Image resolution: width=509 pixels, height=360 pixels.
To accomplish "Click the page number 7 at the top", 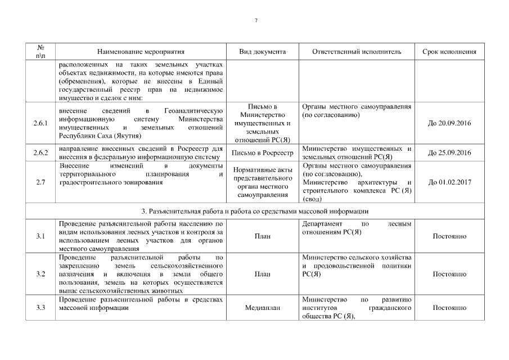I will tap(256, 21).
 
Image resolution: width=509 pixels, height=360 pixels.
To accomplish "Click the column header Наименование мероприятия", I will tap(141, 52).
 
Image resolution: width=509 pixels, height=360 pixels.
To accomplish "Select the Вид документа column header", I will tap(262, 52).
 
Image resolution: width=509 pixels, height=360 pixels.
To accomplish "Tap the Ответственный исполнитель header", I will tap(357, 52).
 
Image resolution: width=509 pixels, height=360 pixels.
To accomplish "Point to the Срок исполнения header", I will tap(449, 52).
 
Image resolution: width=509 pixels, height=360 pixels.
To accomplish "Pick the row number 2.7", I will tap(41, 182).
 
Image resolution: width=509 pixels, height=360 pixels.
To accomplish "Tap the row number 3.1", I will tap(41, 236).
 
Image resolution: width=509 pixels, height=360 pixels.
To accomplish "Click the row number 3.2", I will tap(41, 274).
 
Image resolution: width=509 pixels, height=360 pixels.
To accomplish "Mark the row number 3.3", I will tap(41, 308).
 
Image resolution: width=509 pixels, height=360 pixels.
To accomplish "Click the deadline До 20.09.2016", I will tap(449, 123).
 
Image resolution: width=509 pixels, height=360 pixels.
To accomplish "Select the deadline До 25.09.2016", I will tap(449, 152).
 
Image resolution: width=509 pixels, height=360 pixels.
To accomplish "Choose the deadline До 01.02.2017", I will tap(449, 182).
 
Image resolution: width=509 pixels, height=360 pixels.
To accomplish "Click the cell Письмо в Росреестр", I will tap(262, 152).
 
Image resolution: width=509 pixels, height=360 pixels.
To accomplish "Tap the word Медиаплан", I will tap(262, 308).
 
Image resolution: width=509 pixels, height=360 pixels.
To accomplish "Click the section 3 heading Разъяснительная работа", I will tap(255, 211).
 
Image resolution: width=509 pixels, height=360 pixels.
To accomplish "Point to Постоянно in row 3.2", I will tap(449, 274).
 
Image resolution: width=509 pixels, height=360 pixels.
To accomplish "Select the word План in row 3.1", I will tap(262, 236).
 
